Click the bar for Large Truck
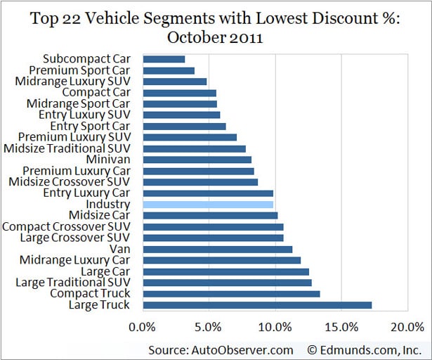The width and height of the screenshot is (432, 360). pyautogui.click(x=257, y=305)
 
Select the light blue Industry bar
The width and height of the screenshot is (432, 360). pyautogui.click(x=208, y=205)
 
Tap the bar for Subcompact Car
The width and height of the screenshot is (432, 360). pyautogui.click(x=164, y=59)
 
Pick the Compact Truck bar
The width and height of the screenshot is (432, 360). pyautogui.click(x=231, y=294)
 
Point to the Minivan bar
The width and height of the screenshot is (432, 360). pyautogui.click(x=197, y=160)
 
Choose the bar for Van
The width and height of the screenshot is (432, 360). pyautogui.click(x=217, y=249)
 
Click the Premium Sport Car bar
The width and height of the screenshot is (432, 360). pyautogui.click(x=169, y=70)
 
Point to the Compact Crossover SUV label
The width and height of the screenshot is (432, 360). pyautogui.click(x=72, y=226)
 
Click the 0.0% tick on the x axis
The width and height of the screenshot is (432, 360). pyautogui.click(x=143, y=327)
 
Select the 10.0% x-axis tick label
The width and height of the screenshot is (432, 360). pyautogui.click(x=275, y=327)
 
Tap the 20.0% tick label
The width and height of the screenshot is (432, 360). pyautogui.click(x=407, y=327)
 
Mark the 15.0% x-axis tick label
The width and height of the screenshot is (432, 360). pyautogui.click(x=341, y=327)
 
